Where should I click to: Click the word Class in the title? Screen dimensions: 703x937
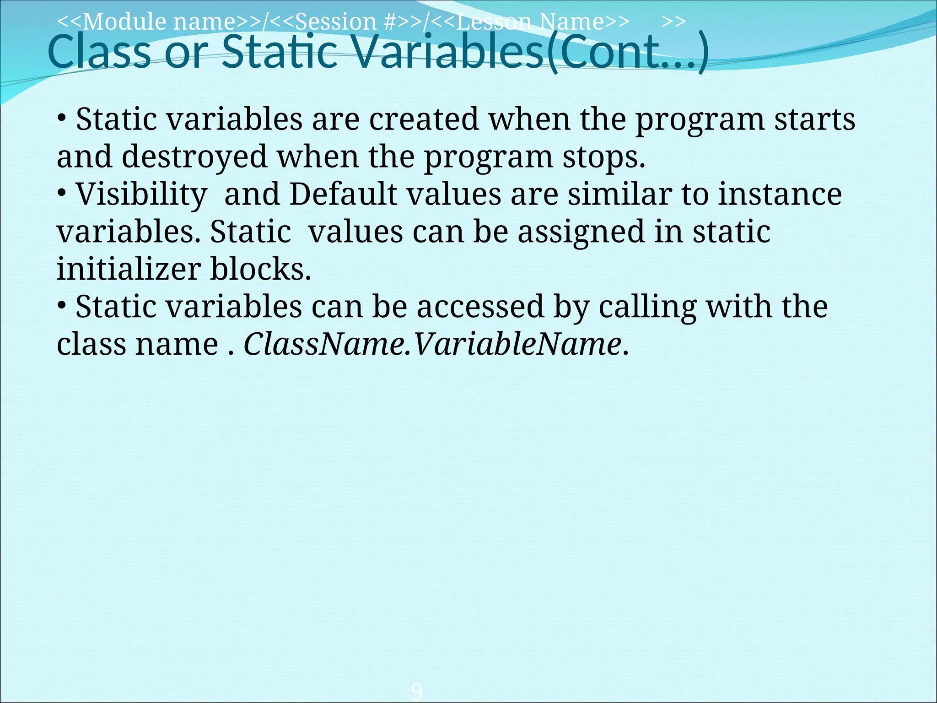[99, 52]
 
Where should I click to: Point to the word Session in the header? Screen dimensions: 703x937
[336, 22]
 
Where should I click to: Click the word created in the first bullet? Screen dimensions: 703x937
[424, 119]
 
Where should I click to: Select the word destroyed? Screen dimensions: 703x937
[194, 157]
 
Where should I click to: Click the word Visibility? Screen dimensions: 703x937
[141, 195]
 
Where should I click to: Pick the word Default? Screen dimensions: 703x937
[343, 195]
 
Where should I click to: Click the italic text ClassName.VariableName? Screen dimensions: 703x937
[432, 344]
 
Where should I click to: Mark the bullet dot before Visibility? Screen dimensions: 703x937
[62, 193]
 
